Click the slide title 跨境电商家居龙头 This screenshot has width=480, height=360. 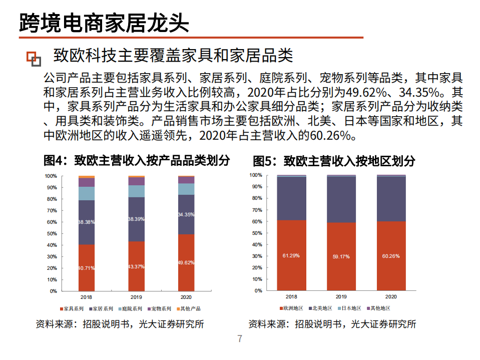pyautogui.click(x=104, y=22)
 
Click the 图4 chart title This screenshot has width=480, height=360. pyautogui.click(x=136, y=160)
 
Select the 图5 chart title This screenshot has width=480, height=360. pyautogui.click(x=334, y=161)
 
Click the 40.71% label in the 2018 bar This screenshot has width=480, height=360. pyautogui.click(x=86, y=268)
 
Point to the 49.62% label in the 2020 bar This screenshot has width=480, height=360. pyautogui.click(x=186, y=262)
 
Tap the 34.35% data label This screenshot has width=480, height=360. pyautogui.click(x=186, y=214)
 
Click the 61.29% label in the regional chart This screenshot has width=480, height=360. pyautogui.click(x=291, y=255)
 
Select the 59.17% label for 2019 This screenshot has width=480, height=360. pyautogui.click(x=341, y=256)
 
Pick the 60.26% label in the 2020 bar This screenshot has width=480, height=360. pyautogui.click(x=391, y=255)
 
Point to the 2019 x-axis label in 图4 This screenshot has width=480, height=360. pyautogui.click(x=136, y=296)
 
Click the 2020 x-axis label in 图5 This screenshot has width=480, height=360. pyautogui.click(x=391, y=296)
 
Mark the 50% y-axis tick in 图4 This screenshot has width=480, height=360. pyautogui.click(x=52, y=234)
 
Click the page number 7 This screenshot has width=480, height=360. pyautogui.click(x=240, y=339)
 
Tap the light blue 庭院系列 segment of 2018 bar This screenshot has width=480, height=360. pyautogui.click(x=87, y=193)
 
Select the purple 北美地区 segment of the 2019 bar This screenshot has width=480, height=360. pyautogui.click(x=341, y=199)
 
